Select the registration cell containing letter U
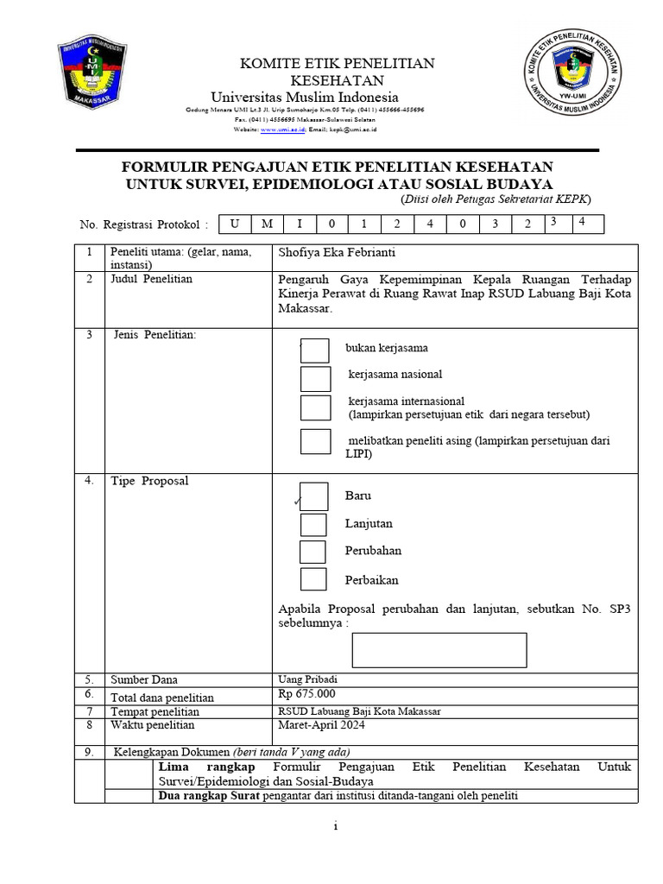coord(235,224)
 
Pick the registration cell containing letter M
coord(268,224)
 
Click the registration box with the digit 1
coord(364,224)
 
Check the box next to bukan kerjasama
coord(315,350)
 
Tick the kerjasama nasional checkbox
coord(315,378)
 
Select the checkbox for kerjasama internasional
coord(315,407)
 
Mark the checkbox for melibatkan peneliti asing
coord(315,441)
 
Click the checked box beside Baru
coord(313,496)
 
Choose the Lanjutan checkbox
coord(313,524)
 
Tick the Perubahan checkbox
coord(313,552)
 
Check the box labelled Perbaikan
coord(313,579)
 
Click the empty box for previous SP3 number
coord(439,650)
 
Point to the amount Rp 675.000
coord(306,694)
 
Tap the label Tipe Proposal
coord(148,481)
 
